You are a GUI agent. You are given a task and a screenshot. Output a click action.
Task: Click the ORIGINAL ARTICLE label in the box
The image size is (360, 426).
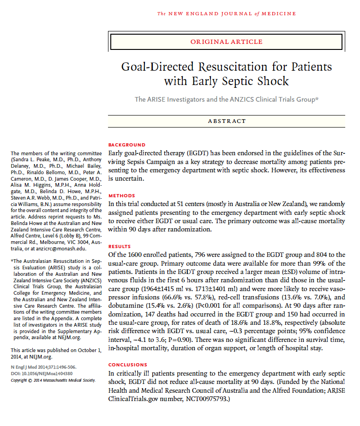[x=226, y=42]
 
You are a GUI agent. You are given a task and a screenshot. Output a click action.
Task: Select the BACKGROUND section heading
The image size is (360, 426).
[x=126, y=145]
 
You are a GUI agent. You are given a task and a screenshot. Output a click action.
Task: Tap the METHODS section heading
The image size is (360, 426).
[x=121, y=195]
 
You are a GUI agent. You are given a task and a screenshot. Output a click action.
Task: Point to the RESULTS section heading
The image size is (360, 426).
[x=120, y=246]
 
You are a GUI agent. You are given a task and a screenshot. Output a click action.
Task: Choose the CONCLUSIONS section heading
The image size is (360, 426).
[x=127, y=365]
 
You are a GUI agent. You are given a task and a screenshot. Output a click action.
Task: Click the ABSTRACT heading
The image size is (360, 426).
[x=227, y=121]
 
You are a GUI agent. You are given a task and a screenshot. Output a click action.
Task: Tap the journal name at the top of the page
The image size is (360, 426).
[x=227, y=14]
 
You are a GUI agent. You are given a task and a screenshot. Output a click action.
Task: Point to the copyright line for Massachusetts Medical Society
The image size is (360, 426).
[x=53, y=380]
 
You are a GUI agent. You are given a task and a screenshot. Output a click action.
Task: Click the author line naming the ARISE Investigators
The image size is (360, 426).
[x=226, y=99]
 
